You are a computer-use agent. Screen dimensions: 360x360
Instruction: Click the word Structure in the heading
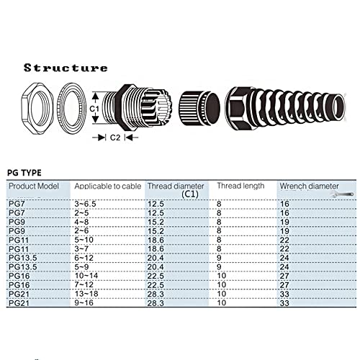tap(66, 68)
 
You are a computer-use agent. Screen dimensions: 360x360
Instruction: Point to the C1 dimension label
tap(94, 109)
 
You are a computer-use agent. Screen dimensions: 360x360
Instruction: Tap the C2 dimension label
tap(115, 138)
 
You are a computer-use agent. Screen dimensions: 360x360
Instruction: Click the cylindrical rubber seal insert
tap(199, 108)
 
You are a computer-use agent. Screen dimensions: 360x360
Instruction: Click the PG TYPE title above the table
tap(24, 173)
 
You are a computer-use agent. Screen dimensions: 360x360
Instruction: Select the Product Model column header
tap(34, 186)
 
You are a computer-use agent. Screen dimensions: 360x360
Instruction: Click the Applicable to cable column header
tap(108, 186)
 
